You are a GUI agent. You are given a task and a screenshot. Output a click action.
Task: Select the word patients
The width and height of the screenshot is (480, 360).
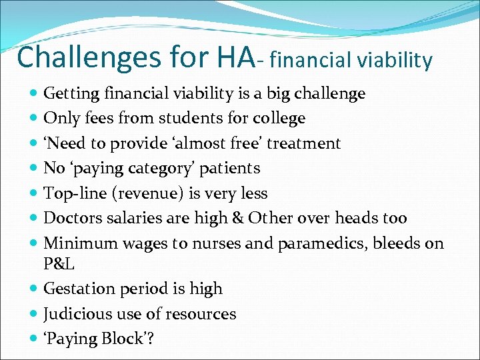[230, 169]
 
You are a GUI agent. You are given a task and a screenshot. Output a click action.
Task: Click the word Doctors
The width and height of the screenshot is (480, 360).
[71, 219]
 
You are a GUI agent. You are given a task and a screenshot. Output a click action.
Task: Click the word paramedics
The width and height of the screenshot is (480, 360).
[304, 244]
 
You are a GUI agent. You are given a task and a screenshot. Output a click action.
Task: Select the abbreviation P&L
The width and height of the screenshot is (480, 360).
[59, 264]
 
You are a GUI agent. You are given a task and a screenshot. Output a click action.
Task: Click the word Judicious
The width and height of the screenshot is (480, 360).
[73, 314]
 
